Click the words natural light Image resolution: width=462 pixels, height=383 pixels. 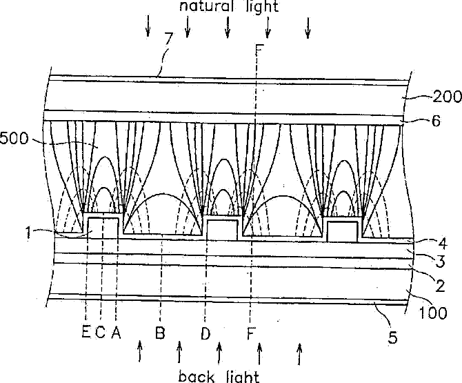pyautogui.click(x=229, y=8)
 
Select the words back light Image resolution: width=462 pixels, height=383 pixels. pyautogui.click(x=219, y=376)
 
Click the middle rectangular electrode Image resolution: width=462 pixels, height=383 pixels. pyautogui.click(x=223, y=228)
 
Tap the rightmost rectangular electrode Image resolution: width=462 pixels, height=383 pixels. pyautogui.click(x=343, y=231)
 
